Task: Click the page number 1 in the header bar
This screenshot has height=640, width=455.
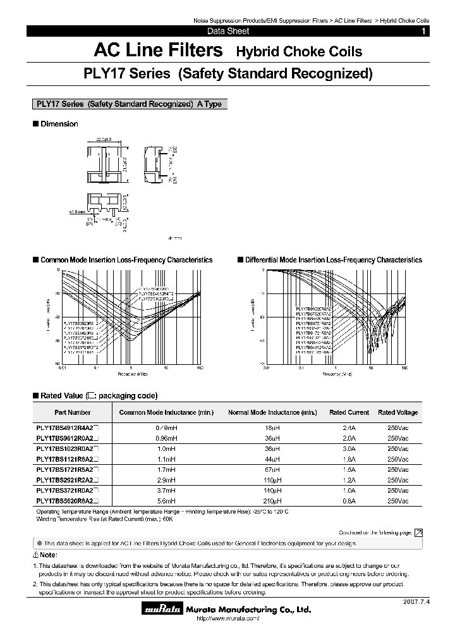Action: click(423, 31)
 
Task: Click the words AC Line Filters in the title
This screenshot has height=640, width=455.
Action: click(157, 51)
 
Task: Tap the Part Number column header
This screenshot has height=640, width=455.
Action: click(72, 412)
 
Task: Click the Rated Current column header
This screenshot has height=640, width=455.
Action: click(349, 412)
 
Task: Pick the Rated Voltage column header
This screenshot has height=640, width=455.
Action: click(397, 412)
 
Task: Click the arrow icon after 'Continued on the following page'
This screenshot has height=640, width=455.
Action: click(418, 533)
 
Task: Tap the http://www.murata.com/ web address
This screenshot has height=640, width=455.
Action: click(227, 618)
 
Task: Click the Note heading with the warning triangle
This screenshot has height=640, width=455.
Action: click(47, 555)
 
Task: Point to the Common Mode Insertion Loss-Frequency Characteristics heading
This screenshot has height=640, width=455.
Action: click(126, 260)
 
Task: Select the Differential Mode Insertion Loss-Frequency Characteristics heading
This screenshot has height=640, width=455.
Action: click(333, 260)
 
